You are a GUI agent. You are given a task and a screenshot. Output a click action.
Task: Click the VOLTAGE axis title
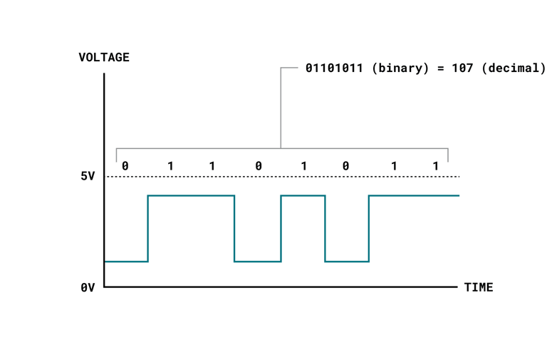point(104,57)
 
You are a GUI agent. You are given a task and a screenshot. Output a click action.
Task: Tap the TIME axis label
point(479,287)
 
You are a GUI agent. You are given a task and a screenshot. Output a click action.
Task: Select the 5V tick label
point(88,176)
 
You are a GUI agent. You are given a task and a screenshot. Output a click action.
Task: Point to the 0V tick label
point(88,287)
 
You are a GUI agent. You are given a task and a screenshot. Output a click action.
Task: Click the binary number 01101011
point(334,68)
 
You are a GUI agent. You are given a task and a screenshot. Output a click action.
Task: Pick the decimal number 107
point(462,68)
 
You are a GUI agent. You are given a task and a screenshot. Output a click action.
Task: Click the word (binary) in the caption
point(400,68)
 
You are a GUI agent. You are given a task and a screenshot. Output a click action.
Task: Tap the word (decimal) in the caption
point(514,68)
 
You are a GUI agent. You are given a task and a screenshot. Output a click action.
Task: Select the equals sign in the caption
point(441,68)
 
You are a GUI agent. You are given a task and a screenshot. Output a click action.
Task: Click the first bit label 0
point(125,166)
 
